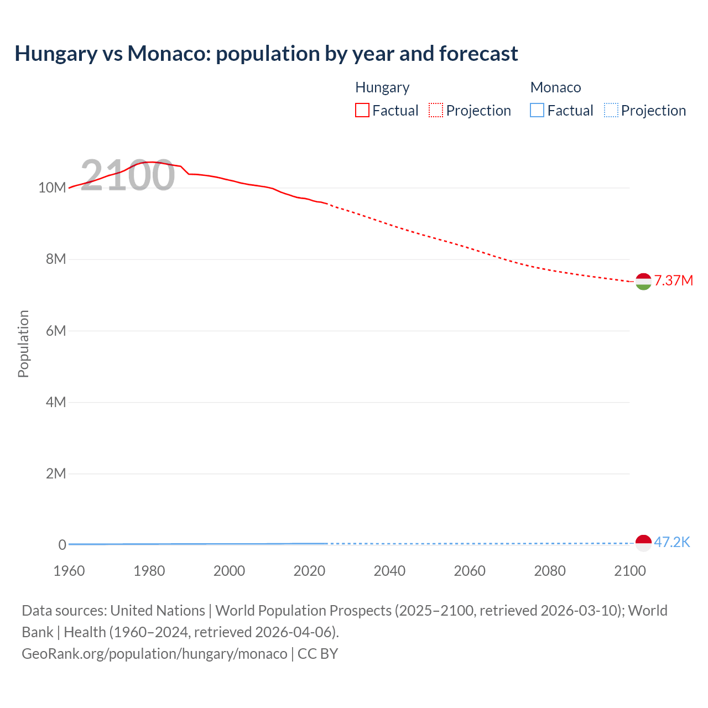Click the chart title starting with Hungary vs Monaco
click(266, 54)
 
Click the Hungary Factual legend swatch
click(362, 111)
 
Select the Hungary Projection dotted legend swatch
click(436, 111)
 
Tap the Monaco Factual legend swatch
click(537, 111)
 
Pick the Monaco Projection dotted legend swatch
click(611, 111)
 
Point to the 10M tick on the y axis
click(52, 188)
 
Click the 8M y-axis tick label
click(56, 259)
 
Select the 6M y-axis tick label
click(56, 331)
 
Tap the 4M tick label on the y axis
click(56, 402)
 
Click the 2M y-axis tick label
click(56, 473)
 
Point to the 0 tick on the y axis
click(62, 545)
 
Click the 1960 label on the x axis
click(69, 571)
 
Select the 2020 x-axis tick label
click(309, 571)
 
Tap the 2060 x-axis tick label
click(470, 571)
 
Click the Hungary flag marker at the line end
click(643, 282)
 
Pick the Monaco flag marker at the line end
click(643, 543)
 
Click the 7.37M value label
click(673, 280)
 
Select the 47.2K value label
click(671, 542)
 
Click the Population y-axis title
click(23, 343)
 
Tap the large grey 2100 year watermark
click(128, 175)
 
